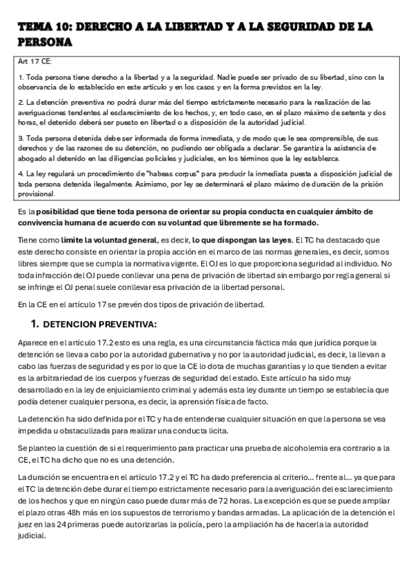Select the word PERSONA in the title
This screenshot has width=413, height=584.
(46, 41)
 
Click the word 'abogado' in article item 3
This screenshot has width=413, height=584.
(34, 158)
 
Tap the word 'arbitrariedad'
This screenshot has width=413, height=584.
(60, 378)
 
